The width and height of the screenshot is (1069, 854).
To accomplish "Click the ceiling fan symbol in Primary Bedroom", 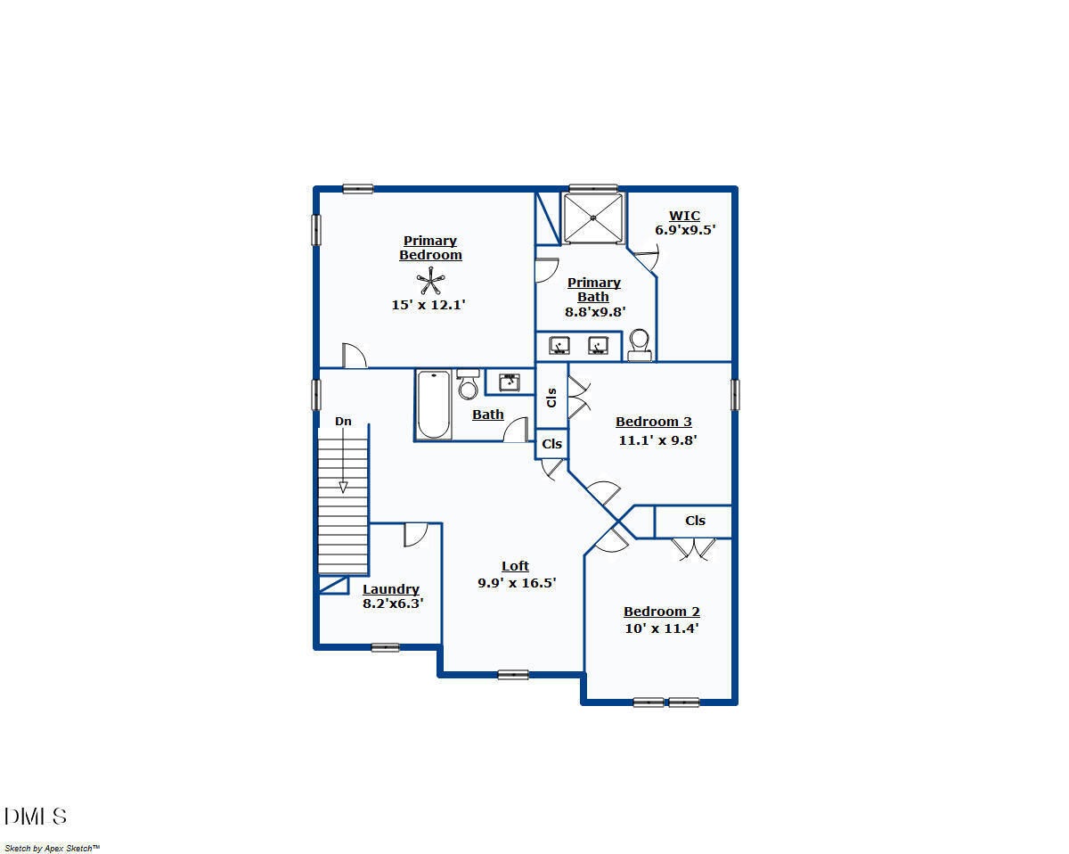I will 430,283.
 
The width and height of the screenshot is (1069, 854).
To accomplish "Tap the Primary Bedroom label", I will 430,248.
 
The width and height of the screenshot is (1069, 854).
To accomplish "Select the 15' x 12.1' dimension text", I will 428,305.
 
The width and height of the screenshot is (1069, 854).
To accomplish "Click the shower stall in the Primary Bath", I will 592,218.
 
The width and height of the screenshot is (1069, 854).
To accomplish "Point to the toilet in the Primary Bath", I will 640,343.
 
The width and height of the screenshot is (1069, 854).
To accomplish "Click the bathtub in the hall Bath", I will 434,405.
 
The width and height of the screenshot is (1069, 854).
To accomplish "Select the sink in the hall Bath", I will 510,382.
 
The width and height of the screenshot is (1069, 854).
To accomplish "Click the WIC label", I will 684,216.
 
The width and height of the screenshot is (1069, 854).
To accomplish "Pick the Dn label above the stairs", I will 343,421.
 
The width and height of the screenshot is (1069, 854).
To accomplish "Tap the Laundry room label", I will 391,589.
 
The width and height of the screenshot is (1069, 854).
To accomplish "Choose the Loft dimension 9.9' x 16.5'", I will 517,583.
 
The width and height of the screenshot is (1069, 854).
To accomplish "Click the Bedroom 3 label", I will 654,422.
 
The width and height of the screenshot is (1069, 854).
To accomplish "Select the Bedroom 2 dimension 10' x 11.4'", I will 661,628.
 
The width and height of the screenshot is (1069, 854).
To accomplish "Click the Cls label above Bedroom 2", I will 695,521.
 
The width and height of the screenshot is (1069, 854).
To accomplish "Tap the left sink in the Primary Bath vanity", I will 559,345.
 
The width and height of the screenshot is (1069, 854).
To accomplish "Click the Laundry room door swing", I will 415,534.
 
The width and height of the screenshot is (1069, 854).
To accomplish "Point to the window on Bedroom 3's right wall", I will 735,395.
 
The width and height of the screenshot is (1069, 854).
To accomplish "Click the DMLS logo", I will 36,816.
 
